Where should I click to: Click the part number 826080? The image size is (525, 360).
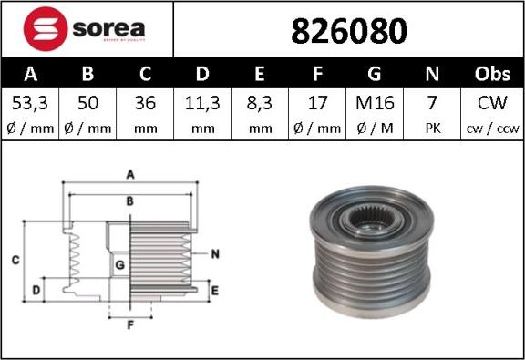coord(348,31)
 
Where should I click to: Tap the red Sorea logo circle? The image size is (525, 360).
coord(44,29)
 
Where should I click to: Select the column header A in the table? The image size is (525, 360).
coord(30,73)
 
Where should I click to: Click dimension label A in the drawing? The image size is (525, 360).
coord(130,173)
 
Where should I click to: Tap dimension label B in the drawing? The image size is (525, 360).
coord(130,200)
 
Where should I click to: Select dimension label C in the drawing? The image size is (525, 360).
coord(15,261)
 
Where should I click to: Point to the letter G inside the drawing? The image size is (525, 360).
coord(119,264)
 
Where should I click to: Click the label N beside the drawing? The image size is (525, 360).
coord(215,254)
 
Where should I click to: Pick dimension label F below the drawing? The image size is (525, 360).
coord(129,324)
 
